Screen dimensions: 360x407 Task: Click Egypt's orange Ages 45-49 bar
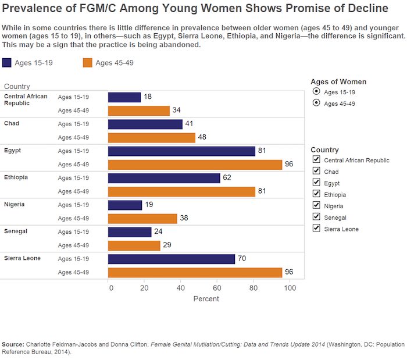click(x=195, y=165)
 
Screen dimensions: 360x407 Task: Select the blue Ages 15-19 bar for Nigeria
click(x=125, y=205)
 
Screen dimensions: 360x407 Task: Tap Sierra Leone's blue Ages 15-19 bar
click(x=172, y=259)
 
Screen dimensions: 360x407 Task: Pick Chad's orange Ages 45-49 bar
click(x=152, y=138)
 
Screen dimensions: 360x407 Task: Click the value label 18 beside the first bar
click(x=148, y=97)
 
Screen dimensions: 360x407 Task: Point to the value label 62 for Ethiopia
click(x=227, y=178)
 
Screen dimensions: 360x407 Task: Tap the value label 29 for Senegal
click(x=167, y=245)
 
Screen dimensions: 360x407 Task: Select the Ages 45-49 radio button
click(x=316, y=104)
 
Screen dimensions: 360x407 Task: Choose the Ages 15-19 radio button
click(x=316, y=92)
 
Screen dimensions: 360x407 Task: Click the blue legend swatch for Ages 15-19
click(x=7, y=63)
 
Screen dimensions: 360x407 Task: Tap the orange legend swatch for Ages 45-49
click(x=88, y=63)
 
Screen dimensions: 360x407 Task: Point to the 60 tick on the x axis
click(x=217, y=287)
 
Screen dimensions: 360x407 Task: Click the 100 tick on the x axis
click(x=289, y=287)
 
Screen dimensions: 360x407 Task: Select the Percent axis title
click(x=206, y=299)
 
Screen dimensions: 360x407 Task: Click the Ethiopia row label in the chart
click(x=16, y=177)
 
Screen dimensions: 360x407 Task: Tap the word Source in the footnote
click(x=14, y=344)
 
